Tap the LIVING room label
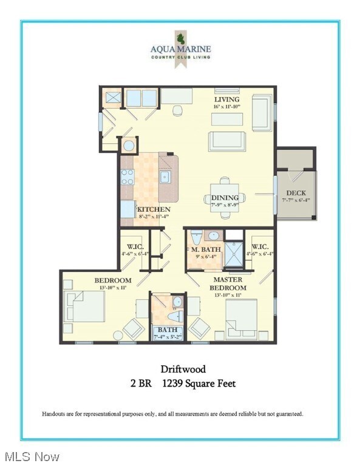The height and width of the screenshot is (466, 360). (x=226, y=100)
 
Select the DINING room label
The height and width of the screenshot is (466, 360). (x=225, y=198)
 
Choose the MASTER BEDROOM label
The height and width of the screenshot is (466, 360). (x=228, y=283)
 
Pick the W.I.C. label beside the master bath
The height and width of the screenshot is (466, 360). (x=260, y=246)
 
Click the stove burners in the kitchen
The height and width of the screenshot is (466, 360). (x=127, y=177)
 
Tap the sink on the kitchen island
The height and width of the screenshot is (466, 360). (x=165, y=177)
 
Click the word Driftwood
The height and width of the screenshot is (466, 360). (x=183, y=368)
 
